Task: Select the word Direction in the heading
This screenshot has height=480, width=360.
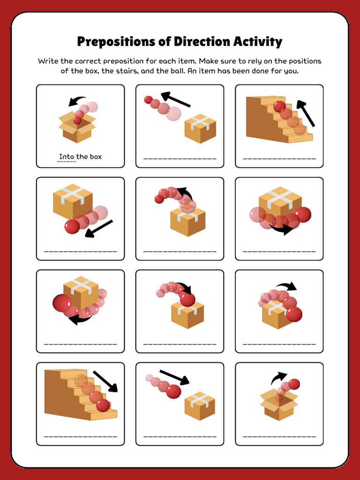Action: point(201,42)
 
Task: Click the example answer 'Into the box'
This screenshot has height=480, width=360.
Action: point(80,157)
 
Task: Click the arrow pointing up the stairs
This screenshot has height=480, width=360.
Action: point(305,113)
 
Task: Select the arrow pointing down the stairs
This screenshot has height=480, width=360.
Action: point(105,381)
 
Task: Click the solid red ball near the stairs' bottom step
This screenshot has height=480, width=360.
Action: point(103,405)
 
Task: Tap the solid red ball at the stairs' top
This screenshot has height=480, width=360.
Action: point(279,106)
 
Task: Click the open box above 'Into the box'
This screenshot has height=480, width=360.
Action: point(77,127)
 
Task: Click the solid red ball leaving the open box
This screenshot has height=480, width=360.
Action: point(294,384)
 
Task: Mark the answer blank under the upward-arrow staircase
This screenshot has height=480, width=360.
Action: point(279,159)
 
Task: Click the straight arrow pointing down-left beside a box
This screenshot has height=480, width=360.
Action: point(99,228)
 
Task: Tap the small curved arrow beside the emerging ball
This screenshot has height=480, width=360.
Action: point(278,377)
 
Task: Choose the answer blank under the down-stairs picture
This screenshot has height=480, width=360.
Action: point(80,437)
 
